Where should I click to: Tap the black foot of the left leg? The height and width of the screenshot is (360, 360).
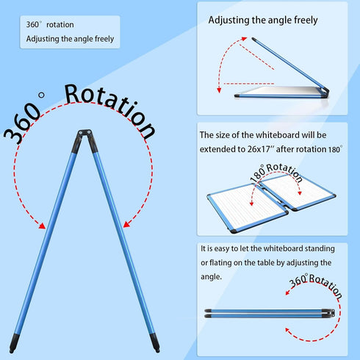tap(14, 343)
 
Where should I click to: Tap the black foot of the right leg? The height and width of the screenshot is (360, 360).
tap(155, 342)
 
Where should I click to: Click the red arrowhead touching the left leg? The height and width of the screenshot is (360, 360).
tap(42, 226)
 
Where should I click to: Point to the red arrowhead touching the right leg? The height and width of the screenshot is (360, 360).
tap(126, 224)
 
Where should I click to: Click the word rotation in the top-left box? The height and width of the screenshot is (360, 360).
tap(60, 25)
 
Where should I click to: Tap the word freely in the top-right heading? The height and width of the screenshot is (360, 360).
tap(306, 21)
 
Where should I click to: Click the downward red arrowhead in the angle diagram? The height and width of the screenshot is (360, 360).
tap(219, 90)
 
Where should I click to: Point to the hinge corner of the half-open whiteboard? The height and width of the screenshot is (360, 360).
tap(325, 93)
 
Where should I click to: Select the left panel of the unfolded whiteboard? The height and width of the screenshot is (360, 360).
tap(248, 208)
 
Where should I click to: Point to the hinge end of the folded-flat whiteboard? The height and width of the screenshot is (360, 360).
tap(331, 313)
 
